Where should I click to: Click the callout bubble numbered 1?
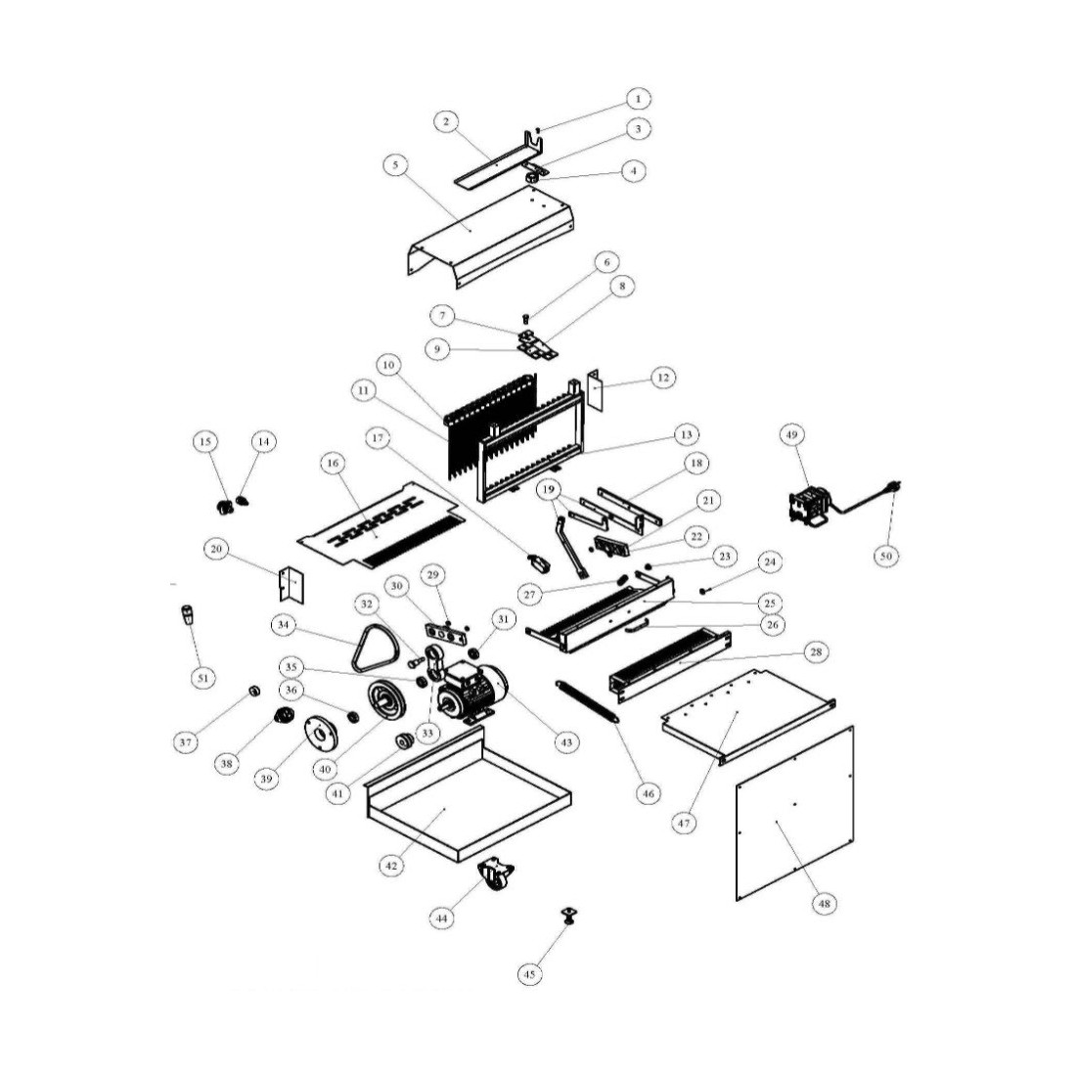(x=638, y=99)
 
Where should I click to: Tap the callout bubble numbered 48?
(x=825, y=904)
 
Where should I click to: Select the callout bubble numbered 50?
(x=886, y=556)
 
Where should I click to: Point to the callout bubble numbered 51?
(x=202, y=678)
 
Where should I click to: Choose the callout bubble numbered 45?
(x=529, y=973)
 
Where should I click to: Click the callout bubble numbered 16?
(x=333, y=464)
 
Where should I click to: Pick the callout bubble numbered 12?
(x=663, y=378)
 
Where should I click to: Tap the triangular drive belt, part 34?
(x=360, y=660)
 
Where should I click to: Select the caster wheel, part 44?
(x=496, y=874)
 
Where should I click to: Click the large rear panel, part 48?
(x=794, y=813)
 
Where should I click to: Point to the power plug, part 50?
(x=895, y=488)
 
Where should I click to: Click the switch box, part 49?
(x=811, y=507)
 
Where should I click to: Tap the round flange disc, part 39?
(x=321, y=735)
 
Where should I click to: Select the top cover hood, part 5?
(x=491, y=237)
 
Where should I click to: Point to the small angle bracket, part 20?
(x=291, y=585)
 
